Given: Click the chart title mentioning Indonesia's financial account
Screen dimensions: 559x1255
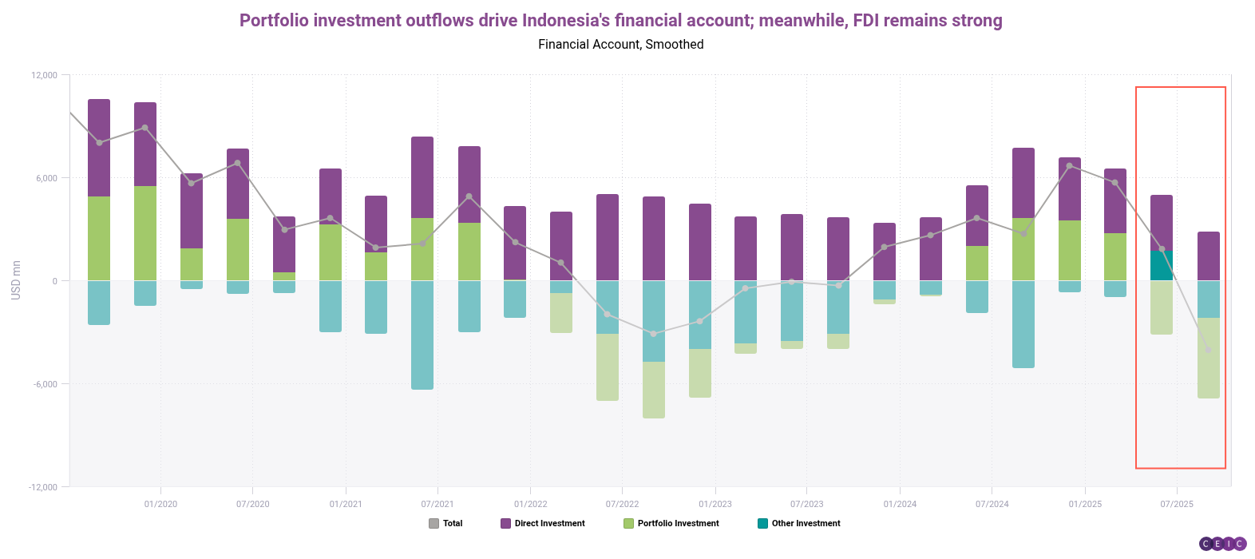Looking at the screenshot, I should (620, 21).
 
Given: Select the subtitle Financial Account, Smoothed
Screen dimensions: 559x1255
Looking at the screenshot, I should (620, 45).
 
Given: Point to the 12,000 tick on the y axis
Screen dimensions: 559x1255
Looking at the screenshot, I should (45, 75).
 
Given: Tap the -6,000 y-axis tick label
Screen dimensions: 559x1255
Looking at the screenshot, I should (45, 384).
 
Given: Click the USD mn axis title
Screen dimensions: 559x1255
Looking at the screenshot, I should (16, 280).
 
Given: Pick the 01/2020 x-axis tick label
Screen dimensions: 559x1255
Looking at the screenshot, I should (160, 504).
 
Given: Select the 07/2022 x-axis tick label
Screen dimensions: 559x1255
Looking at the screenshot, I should (622, 504).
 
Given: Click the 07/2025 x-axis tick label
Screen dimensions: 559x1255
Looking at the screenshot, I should (1176, 504).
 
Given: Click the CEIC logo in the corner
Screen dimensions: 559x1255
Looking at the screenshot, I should (1222, 544).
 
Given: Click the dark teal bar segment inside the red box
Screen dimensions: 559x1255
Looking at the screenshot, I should (1161, 265).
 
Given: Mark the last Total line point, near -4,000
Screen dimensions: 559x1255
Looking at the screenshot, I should (1208, 350).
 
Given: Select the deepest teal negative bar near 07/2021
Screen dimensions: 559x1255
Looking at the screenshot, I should (422, 335).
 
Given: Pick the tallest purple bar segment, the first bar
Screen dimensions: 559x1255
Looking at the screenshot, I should (99, 148).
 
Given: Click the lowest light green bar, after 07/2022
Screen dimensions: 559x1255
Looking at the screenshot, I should (653, 390).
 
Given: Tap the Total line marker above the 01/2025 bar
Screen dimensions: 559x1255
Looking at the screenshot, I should (1069, 166).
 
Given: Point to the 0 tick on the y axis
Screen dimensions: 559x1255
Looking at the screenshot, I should (54, 281).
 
